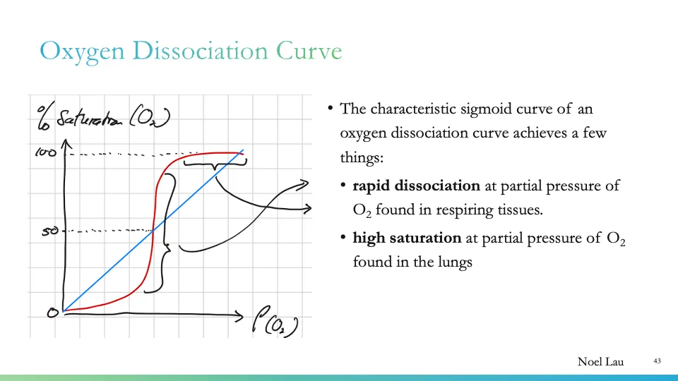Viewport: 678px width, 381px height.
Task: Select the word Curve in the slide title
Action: click(309, 52)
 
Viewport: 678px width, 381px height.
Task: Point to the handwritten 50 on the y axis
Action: click(49, 231)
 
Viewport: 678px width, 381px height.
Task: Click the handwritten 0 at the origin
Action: click(52, 313)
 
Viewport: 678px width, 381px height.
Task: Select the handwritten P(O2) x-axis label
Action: click(275, 324)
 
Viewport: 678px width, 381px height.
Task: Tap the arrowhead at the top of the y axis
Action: click(65, 143)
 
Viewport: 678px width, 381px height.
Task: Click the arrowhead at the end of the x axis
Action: click(237, 313)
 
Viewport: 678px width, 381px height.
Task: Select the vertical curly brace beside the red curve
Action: click(167, 233)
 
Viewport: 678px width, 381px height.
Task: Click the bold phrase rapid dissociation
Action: click(416, 186)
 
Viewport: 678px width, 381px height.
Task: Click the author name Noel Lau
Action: click(600, 362)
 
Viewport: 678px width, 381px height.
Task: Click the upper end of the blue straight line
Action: click(243, 150)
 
